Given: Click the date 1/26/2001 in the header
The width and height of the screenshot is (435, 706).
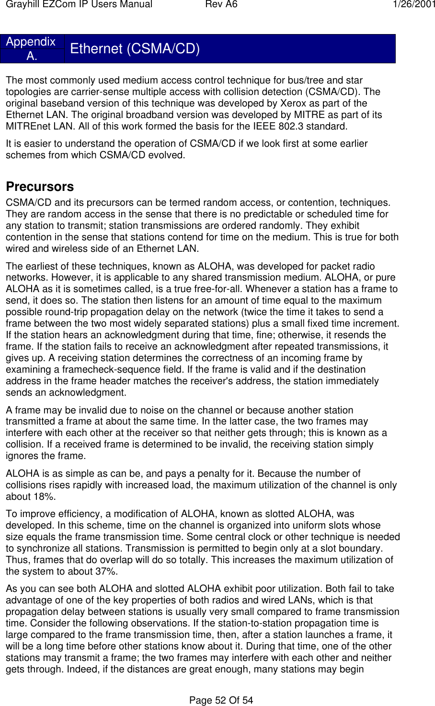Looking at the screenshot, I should [414, 5].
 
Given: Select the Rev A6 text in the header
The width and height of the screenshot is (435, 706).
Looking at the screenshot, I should [221, 5].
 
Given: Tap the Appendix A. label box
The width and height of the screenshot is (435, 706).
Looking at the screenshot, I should [32, 48].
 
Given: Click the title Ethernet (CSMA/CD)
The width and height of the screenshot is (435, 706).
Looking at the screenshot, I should [135, 48].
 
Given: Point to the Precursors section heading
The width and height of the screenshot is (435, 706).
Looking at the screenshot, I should [40, 187].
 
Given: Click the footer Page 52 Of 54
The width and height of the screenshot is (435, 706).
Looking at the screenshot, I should [221, 700].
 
